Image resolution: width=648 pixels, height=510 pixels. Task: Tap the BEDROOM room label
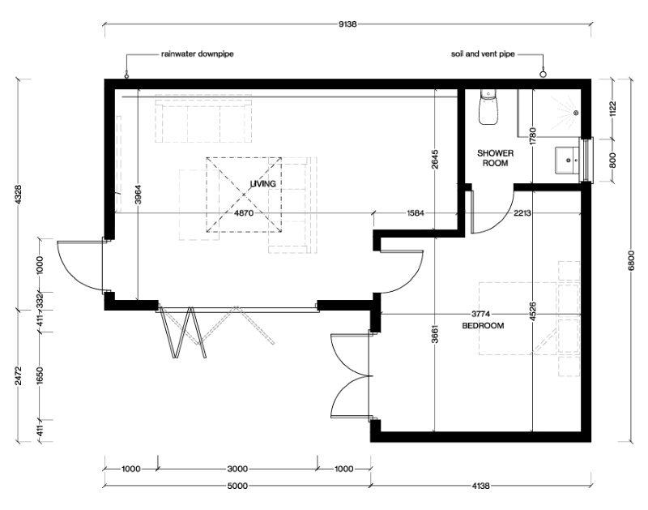click(483, 326)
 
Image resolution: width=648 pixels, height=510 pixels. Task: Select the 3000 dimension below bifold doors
click(237, 469)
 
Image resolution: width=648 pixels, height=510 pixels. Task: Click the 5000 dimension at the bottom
click(237, 486)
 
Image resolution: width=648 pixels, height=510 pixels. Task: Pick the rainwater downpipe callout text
click(198, 56)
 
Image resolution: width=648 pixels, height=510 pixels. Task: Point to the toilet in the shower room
click(487, 107)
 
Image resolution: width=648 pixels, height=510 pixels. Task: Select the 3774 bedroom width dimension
click(483, 314)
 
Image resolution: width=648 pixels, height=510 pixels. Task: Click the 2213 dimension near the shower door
click(522, 214)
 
